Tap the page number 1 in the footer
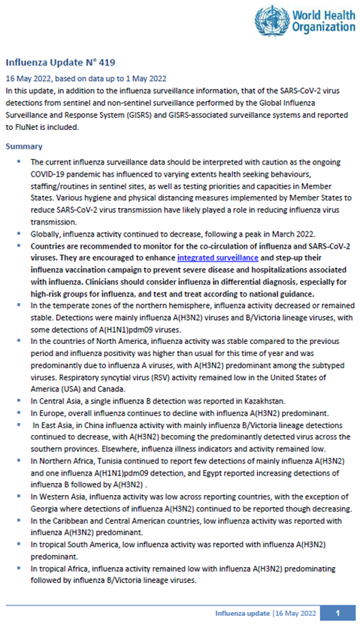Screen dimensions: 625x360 [339, 613]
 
